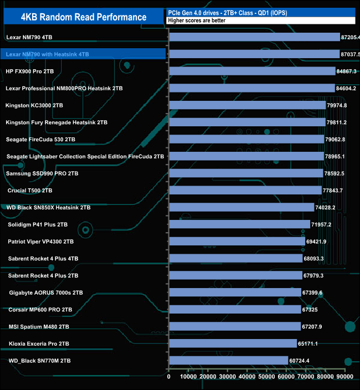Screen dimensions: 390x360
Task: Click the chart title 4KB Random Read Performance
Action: click(x=83, y=17)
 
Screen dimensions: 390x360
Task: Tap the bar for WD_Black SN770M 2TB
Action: click(x=229, y=361)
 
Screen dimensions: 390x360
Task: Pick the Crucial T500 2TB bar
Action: click(x=245, y=191)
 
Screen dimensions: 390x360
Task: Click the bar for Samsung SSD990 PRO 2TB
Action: click(x=246, y=173)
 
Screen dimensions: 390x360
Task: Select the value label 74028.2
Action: click(x=329, y=207)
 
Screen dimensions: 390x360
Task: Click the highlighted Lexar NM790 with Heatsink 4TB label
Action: click(x=47, y=54)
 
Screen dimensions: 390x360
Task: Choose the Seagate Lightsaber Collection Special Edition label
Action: click(x=85, y=157)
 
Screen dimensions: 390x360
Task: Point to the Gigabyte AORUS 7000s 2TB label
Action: click(x=46, y=292)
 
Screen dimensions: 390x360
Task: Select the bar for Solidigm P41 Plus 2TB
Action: click(x=239, y=224)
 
